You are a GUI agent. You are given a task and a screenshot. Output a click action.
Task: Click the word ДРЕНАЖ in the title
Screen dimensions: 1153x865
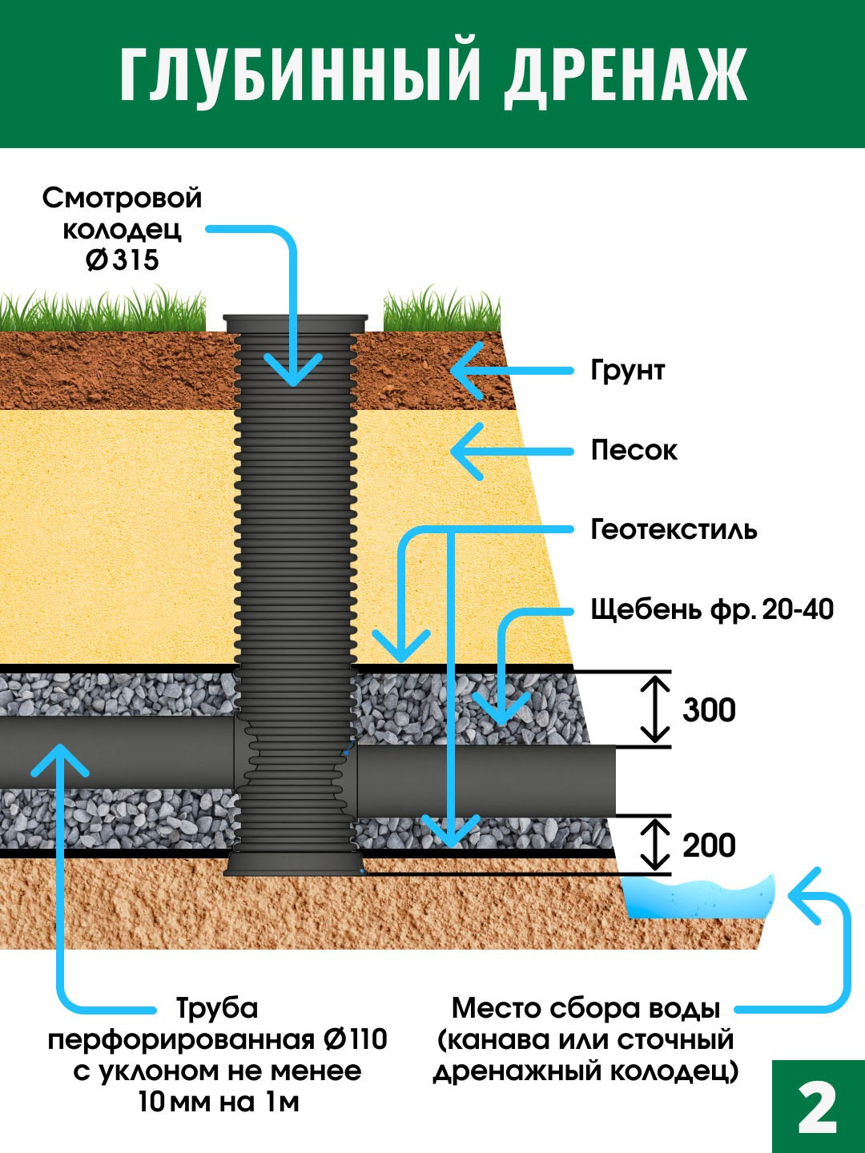point(626,76)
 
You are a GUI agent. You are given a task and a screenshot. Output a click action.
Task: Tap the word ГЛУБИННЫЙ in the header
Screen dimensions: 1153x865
point(301,76)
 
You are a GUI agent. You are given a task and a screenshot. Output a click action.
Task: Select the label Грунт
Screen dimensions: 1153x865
point(628,371)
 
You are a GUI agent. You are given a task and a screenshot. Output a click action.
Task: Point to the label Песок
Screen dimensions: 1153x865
point(634,450)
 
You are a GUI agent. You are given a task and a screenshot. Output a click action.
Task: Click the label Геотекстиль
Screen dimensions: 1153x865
point(674,529)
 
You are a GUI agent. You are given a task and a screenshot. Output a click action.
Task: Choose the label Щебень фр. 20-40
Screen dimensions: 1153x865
point(712,610)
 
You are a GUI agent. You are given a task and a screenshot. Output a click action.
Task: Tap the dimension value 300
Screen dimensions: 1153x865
point(709,710)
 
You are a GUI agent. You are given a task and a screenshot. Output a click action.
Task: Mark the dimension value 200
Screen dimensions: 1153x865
point(709,846)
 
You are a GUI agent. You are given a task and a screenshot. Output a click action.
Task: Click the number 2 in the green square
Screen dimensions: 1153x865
point(818,1109)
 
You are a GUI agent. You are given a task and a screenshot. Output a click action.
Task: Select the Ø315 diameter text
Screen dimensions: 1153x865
point(123,260)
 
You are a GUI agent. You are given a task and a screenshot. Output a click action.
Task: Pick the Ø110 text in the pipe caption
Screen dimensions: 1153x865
point(355,1039)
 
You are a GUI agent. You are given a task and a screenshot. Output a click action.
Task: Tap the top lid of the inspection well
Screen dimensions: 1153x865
point(296,323)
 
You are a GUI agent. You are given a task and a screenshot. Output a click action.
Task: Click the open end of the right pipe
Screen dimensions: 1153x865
point(612,781)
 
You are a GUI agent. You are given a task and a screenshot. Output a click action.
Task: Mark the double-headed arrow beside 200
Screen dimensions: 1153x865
point(655,845)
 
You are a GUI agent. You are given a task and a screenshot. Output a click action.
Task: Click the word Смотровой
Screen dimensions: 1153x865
point(122,198)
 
